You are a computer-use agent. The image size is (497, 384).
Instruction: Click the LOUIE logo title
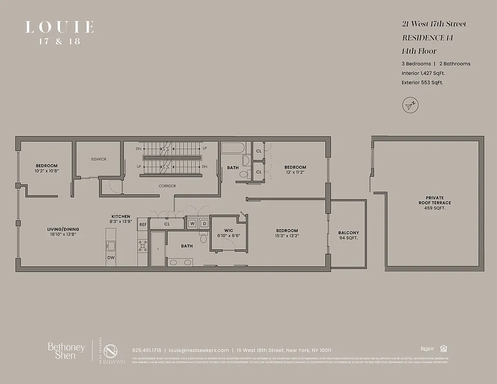[60, 27]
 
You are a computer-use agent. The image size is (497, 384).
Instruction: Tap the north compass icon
[410, 105]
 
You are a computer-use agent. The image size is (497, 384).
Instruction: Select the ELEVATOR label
[98, 159]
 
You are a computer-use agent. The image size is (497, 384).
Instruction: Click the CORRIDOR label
[167, 186]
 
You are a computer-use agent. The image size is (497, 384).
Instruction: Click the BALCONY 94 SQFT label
[349, 235]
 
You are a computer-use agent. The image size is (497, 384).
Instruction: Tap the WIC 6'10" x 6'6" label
[228, 233]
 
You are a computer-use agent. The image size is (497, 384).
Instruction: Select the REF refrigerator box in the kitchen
[143, 224]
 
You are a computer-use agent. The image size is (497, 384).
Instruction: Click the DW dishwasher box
[111, 257]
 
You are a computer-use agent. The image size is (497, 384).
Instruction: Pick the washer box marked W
[192, 223]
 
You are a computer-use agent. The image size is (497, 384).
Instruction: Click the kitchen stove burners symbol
[143, 246]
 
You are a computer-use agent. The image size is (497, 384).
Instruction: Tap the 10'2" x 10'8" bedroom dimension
[46, 171]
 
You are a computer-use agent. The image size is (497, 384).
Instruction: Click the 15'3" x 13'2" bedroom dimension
[287, 236]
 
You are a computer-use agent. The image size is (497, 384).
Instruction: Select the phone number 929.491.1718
[146, 350]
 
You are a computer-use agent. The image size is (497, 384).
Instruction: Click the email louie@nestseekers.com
[198, 350]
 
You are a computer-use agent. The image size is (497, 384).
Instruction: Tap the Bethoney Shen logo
[66, 351]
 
